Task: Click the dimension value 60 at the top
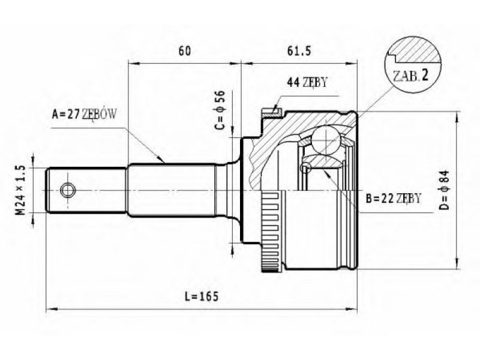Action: click(184, 51)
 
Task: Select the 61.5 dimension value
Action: click(299, 51)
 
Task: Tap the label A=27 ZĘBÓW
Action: click(84, 115)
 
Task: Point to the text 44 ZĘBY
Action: click(307, 82)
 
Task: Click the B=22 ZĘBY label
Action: click(394, 199)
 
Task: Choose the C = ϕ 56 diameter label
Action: click(220, 110)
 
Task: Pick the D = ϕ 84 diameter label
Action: click(445, 190)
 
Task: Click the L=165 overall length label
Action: click(202, 296)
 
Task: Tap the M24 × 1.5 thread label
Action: click(20, 190)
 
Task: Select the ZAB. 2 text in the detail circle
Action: click(410, 76)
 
